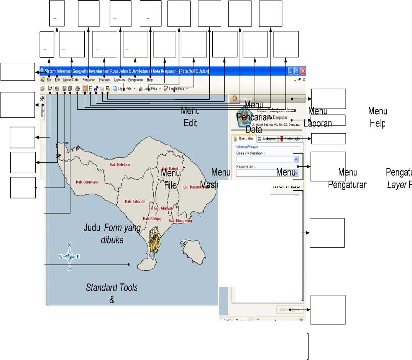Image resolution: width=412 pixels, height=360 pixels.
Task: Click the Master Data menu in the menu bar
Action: [x=71, y=80]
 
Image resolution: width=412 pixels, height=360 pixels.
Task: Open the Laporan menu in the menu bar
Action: [x=119, y=80]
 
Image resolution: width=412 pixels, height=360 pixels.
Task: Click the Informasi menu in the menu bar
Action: [x=104, y=80]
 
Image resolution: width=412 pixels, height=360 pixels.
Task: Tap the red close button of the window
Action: [x=303, y=71]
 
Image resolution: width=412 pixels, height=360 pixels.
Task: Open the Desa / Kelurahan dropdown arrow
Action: [x=295, y=159]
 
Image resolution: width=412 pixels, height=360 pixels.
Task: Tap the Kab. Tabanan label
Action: [x=135, y=201]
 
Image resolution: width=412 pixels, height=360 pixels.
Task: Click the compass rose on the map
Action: [x=69, y=256]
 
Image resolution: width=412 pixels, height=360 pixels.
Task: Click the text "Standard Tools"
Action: [x=112, y=288]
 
